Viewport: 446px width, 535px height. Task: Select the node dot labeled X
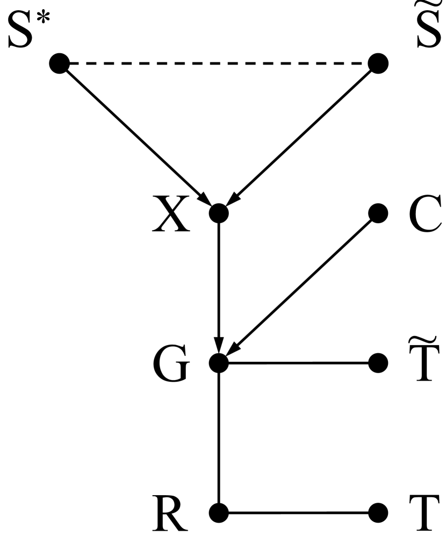219,213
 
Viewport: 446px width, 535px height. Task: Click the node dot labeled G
219,362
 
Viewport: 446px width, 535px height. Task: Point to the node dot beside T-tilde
379,362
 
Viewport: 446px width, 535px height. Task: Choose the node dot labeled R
219,511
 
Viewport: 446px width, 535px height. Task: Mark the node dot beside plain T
379,511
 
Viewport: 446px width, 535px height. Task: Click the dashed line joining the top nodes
218,64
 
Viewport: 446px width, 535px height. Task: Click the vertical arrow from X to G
219,285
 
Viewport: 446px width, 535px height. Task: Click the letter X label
171,214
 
